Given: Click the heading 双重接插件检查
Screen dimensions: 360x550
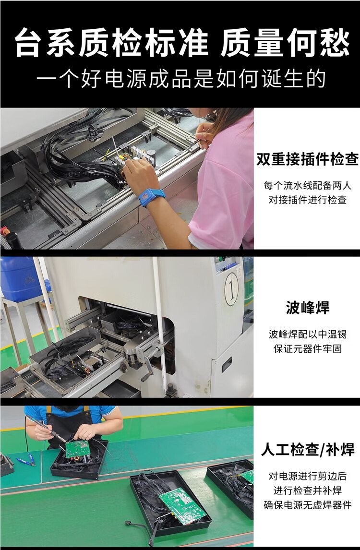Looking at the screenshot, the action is coord(307,159).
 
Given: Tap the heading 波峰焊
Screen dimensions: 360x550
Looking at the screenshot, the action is coord(308,308).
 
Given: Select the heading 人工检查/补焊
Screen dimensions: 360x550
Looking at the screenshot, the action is coord(308,450).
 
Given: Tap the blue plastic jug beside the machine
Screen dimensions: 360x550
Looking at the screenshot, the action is coord(19,278).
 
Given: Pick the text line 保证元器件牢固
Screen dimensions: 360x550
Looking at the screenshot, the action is coord(308,349).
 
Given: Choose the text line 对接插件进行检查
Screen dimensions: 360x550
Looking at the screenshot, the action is coord(308,200).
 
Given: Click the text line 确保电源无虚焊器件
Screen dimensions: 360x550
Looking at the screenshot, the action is coord(308,505).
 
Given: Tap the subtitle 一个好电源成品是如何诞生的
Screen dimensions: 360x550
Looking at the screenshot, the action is coord(181,79).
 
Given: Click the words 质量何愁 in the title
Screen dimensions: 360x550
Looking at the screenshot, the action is coord(285,43).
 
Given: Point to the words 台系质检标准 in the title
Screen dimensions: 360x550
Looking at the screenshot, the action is coord(111,43).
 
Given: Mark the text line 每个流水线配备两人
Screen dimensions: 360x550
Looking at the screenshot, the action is coord(308,185).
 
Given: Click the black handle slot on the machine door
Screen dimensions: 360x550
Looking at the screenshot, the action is coord(227,364).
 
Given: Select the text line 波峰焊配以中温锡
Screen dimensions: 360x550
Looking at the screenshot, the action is coord(308,335).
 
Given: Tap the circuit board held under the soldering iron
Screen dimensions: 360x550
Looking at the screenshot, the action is coord(78,447).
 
